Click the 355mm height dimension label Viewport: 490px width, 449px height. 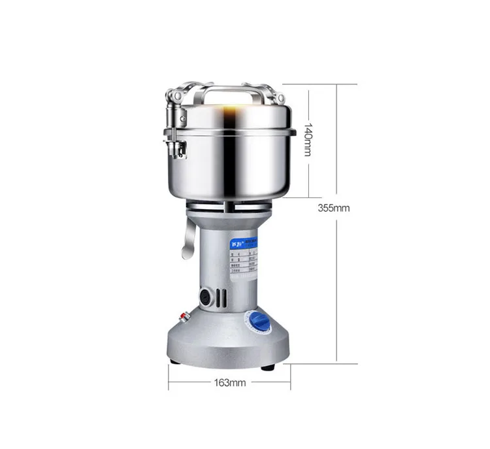tap(335, 208)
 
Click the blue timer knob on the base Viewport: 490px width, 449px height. tap(261, 322)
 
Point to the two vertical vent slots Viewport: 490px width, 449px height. tap(222, 297)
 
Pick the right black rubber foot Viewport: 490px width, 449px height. tap(268, 367)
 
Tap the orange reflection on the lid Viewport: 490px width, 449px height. tap(230, 115)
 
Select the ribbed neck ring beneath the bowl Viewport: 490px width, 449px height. tap(228, 208)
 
